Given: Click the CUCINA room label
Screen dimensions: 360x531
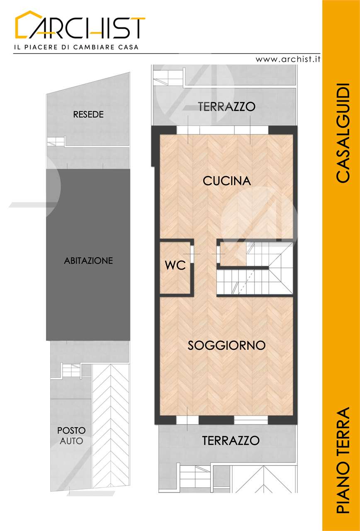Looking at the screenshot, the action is (226, 181).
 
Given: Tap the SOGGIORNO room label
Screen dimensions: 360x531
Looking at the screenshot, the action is (226, 346).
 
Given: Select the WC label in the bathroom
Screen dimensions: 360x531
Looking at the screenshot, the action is (175, 265).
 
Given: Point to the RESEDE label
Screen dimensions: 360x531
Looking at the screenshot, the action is (88, 114).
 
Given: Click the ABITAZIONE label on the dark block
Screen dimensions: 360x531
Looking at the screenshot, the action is (88, 261).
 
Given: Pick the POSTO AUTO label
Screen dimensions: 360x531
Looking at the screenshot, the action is (71, 436).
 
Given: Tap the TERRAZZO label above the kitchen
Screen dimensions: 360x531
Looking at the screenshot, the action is (227, 107).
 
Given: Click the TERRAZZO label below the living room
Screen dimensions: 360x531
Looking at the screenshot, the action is (231, 441).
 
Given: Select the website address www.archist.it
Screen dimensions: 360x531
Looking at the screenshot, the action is (288, 59).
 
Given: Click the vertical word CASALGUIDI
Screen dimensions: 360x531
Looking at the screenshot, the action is (343, 133).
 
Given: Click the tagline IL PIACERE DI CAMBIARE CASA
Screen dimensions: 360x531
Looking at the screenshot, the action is (76, 47).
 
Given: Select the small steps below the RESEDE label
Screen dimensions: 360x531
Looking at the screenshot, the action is (56, 141).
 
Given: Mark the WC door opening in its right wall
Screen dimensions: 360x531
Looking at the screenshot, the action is (192, 254).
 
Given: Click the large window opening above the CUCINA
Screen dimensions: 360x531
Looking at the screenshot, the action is (223, 130).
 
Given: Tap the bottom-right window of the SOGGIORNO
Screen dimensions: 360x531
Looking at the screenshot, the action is (251, 420).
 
